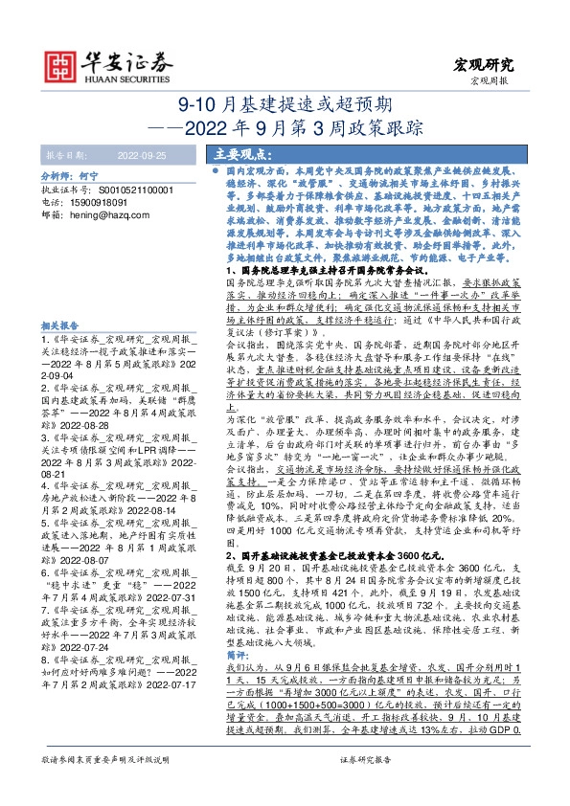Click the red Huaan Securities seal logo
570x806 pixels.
[62, 65]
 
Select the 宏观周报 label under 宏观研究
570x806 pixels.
[491, 81]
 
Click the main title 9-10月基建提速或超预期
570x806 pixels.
[285, 104]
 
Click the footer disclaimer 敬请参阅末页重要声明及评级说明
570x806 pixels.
[103, 784]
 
